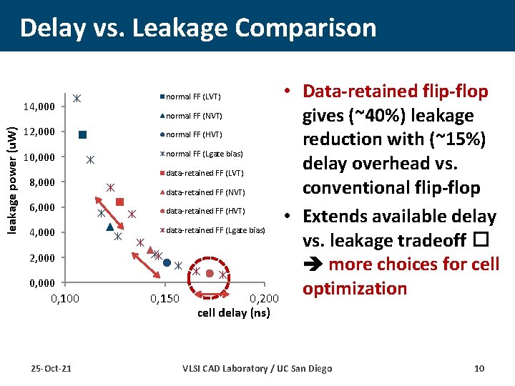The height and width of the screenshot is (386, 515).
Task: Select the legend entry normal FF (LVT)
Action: [193, 96]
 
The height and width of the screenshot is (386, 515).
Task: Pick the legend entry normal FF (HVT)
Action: [193, 134]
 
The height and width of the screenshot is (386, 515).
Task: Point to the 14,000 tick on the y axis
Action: [39, 107]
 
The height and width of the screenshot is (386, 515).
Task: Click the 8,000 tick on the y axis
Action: [41, 182]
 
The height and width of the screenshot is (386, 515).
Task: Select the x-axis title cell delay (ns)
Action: [233, 312]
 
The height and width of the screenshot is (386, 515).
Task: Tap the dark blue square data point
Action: [83, 134]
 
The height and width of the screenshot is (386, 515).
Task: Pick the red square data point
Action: [119, 202]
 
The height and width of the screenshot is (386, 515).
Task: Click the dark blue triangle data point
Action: [109, 227]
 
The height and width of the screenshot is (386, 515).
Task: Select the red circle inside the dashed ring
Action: [210, 274]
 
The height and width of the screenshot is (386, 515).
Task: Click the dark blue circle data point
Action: [167, 263]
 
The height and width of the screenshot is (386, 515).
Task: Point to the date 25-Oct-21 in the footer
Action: [51, 368]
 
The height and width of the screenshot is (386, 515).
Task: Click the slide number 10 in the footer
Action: [479, 368]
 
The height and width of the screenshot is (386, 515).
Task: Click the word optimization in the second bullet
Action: [354, 288]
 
